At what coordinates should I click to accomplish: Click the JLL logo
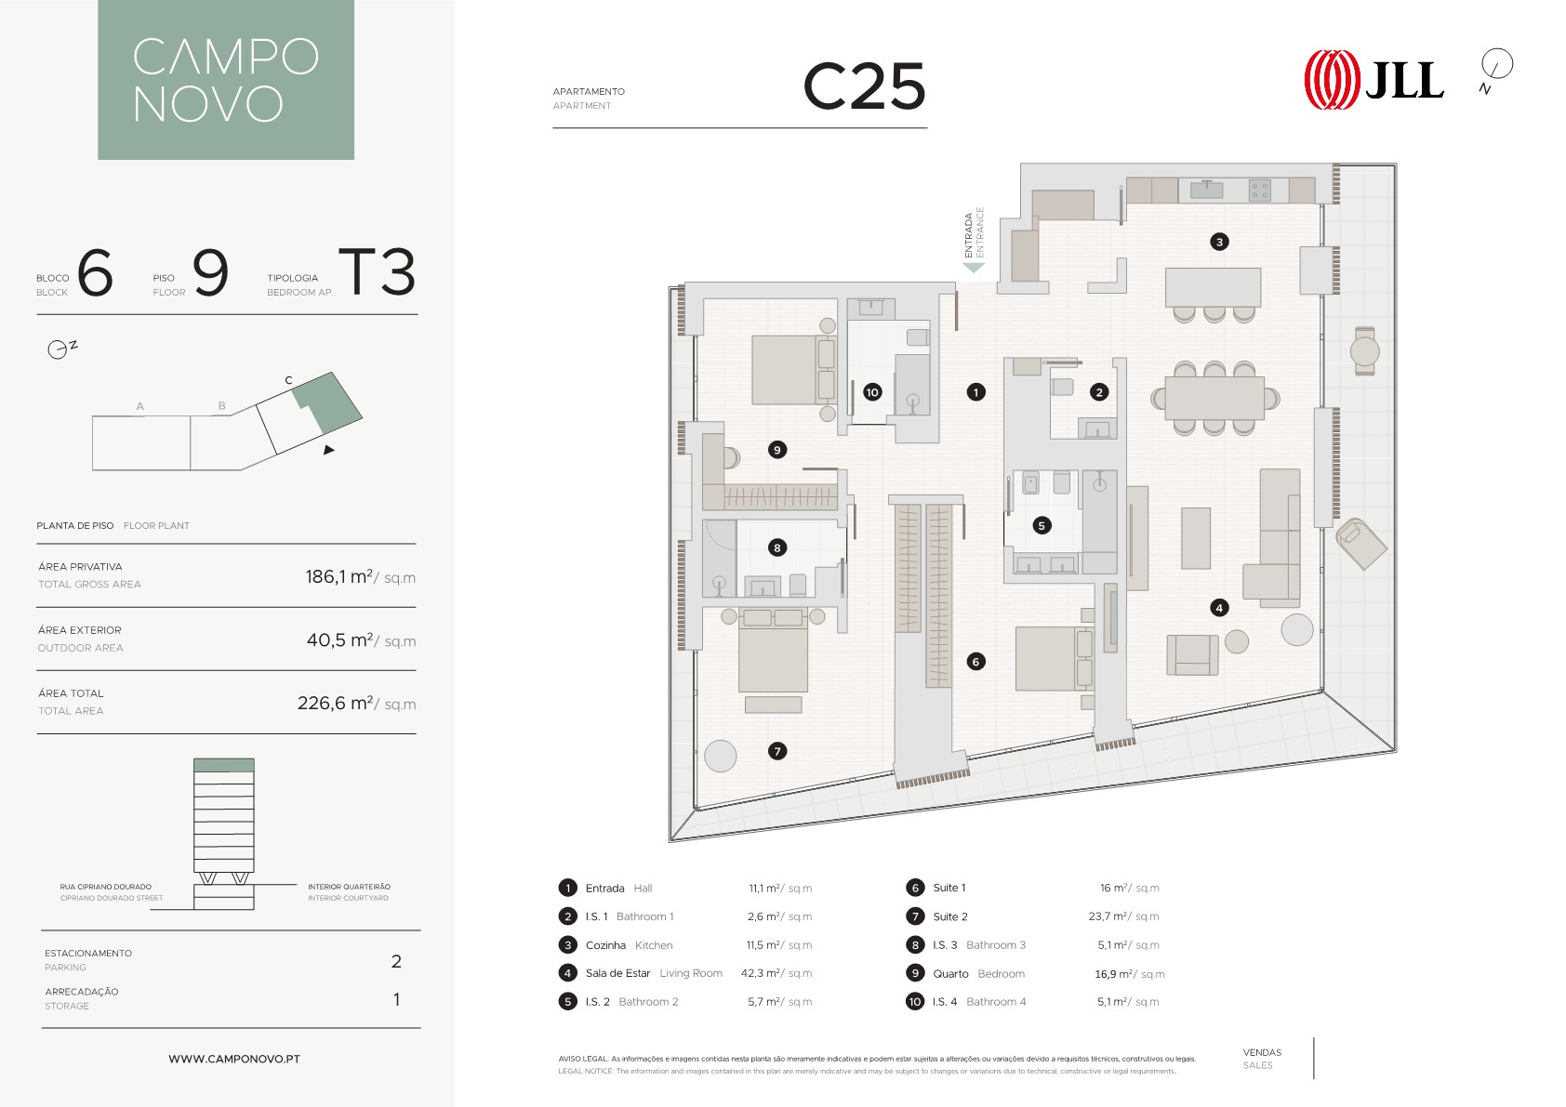tap(1374, 80)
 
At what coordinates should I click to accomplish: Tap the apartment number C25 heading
tap(865, 86)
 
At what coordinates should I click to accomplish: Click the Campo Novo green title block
tap(226, 80)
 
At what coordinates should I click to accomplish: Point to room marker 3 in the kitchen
tap(1219, 242)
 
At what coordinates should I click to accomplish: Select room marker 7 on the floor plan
tap(777, 751)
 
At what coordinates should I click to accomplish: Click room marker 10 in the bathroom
tap(871, 392)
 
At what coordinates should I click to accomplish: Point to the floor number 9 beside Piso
tap(210, 272)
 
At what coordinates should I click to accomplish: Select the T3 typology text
tap(378, 271)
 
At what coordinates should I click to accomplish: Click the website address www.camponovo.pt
tap(234, 1059)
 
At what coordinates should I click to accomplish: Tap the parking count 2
tap(396, 962)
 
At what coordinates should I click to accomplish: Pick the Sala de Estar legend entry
tap(654, 973)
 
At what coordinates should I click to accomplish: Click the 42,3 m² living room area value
tap(776, 973)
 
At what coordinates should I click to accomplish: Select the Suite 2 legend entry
tap(950, 916)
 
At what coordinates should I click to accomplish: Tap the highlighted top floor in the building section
tap(224, 765)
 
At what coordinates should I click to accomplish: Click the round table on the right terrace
tap(1364, 350)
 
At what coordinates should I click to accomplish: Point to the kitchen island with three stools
tap(1213, 294)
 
